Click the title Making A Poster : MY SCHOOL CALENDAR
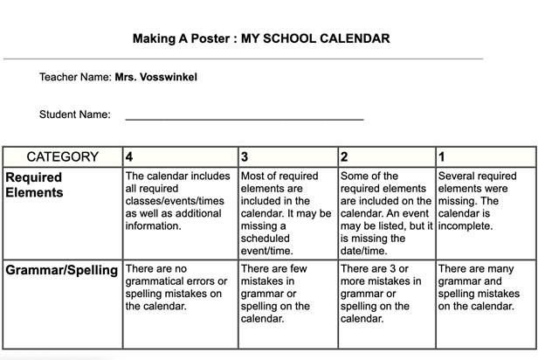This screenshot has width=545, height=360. coord(261,38)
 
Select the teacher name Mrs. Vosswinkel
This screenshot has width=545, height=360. coord(155,77)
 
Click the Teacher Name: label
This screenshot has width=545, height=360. coord(75,77)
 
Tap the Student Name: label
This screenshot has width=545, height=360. coord(74,114)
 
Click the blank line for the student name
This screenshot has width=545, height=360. coord(245,115)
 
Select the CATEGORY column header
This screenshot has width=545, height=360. coord(63,157)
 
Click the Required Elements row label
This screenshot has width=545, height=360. coord(35,184)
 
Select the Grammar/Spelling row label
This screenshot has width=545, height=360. coord(62,270)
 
